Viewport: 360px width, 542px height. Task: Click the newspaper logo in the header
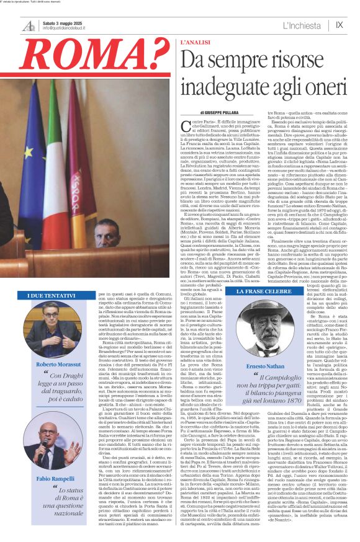pos(29,26)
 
